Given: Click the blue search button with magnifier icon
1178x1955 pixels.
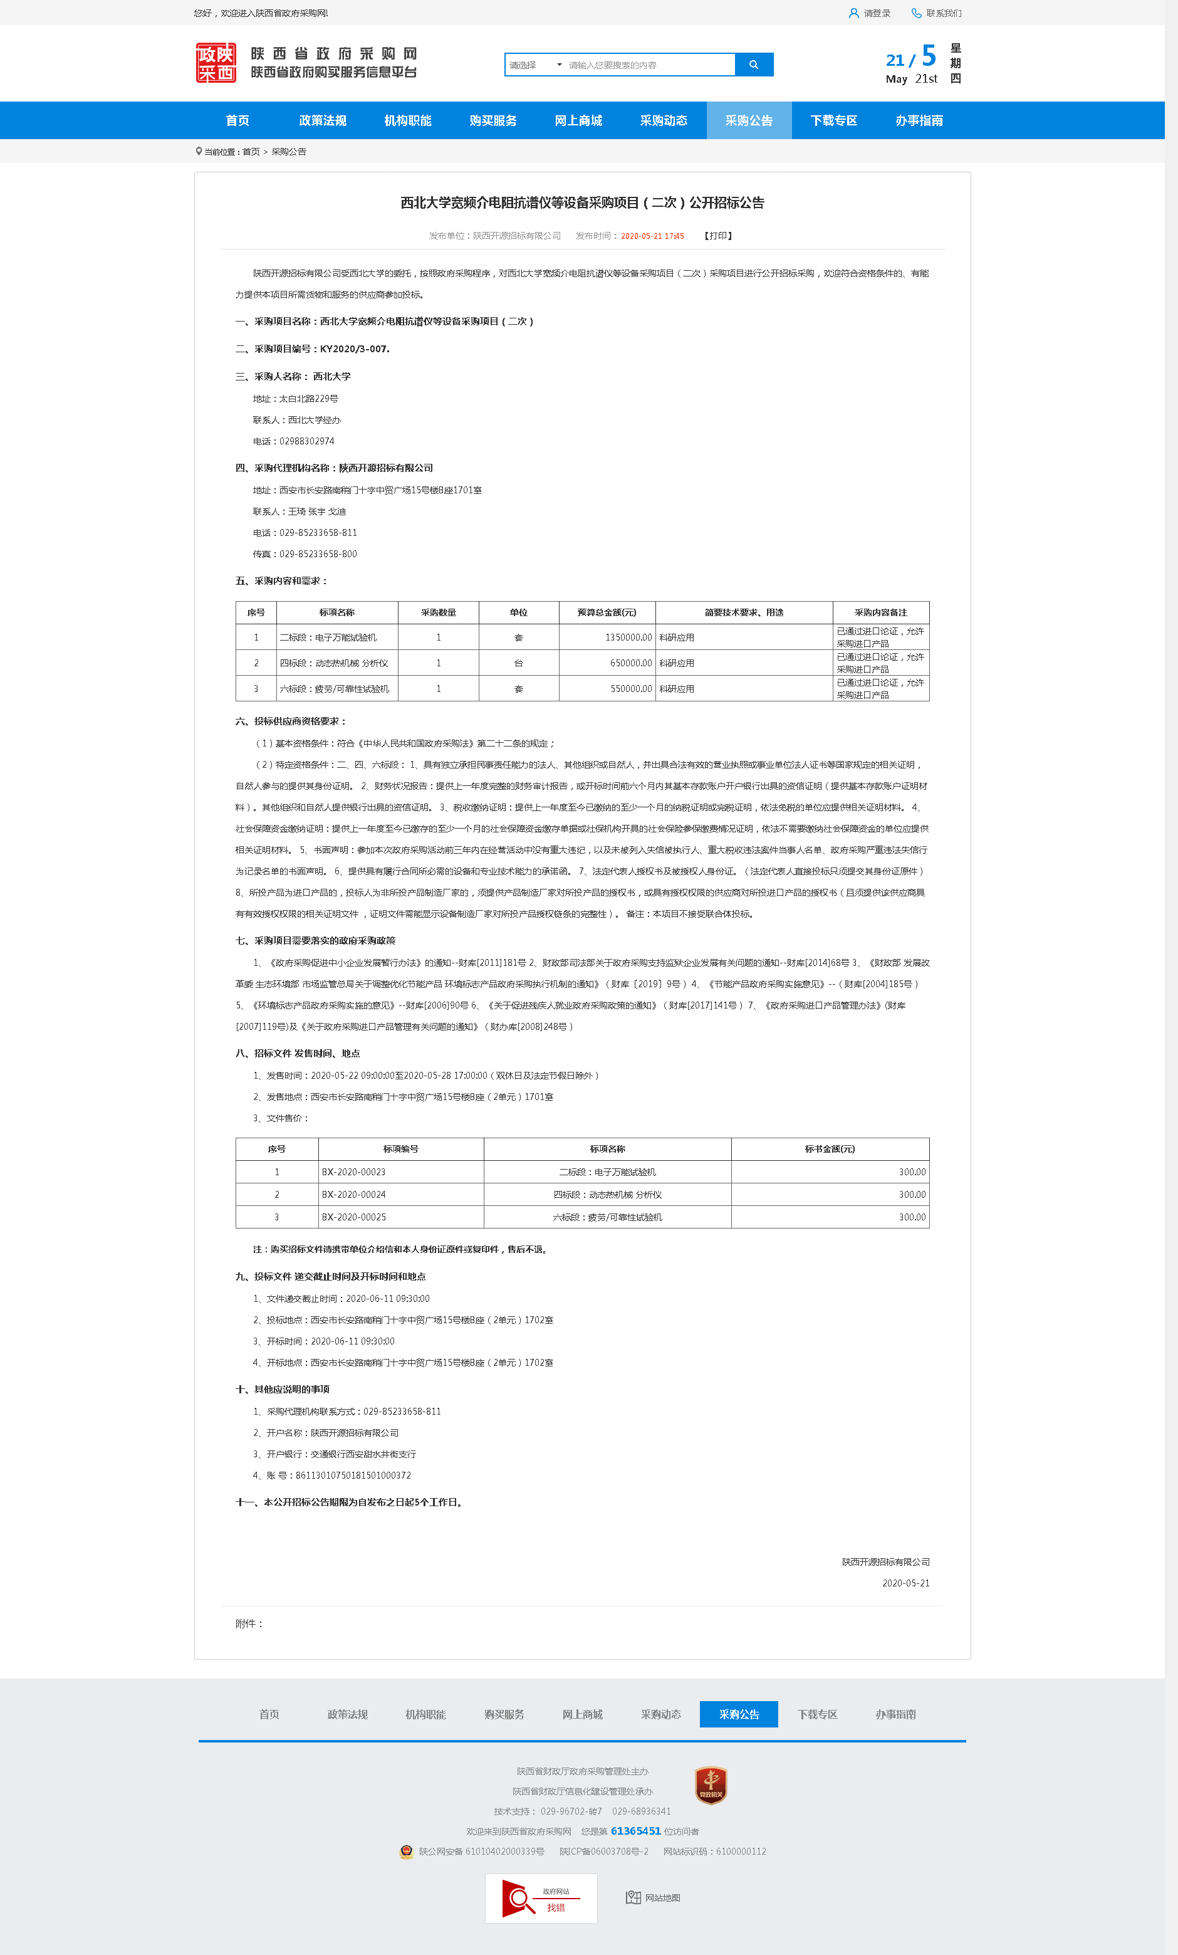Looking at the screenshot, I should [754, 65].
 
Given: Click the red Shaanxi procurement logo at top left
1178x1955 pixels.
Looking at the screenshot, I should [216, 63].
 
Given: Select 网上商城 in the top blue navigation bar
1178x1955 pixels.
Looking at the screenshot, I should [578, 120].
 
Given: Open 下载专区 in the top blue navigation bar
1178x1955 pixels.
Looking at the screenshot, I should [834, 120].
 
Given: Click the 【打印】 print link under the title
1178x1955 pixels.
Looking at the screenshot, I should [718, 236].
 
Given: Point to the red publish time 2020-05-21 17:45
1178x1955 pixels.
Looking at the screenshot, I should [652, 236].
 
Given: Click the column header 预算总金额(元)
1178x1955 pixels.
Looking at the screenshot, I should [607, 612].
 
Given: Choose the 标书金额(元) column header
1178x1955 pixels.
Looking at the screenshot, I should [830, 1149].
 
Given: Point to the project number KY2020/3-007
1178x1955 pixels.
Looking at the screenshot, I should [354, 349].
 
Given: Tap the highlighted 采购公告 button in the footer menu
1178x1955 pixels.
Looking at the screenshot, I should [739, 1714].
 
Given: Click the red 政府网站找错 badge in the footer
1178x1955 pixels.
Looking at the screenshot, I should [541, 1898].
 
